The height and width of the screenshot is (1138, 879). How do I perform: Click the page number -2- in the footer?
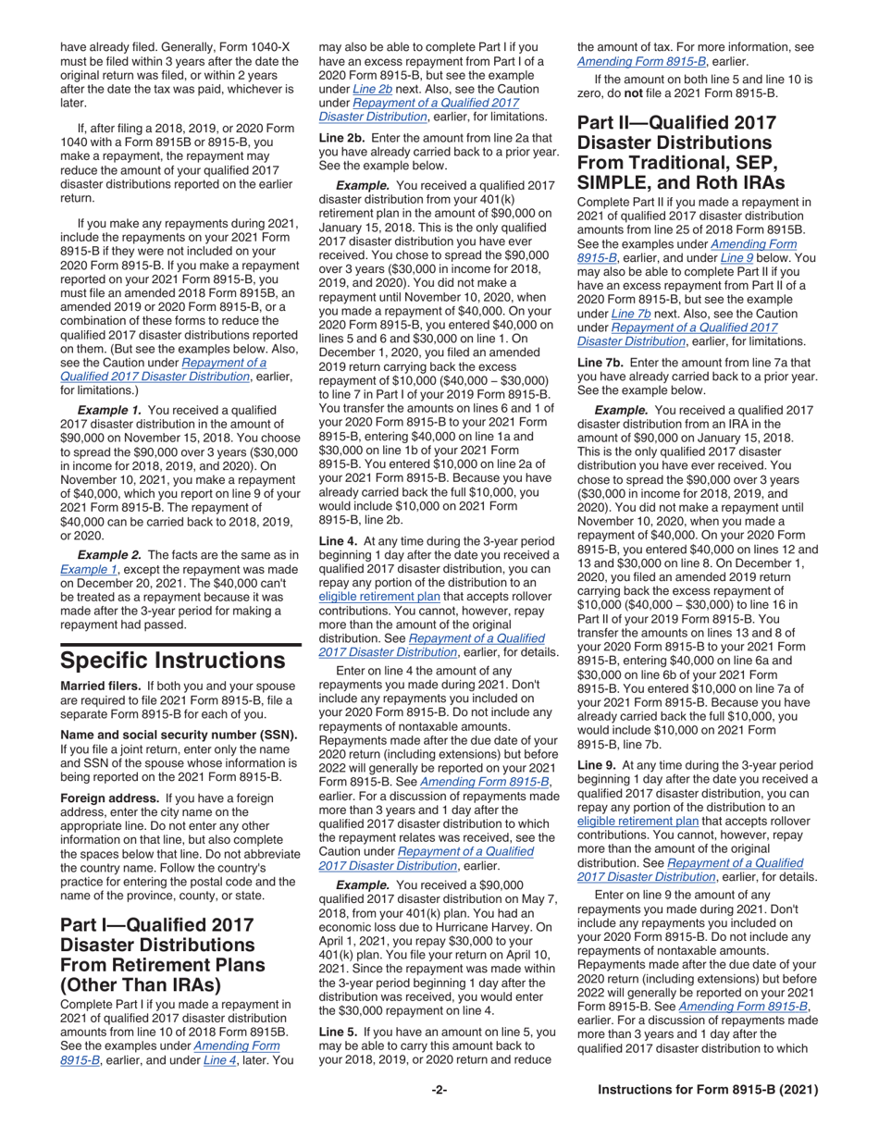439,1090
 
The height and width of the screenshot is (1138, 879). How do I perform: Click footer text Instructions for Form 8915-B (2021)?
708,1090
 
